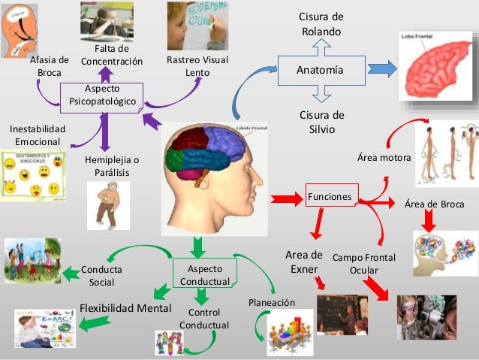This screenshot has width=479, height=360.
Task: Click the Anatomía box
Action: click(321, 70)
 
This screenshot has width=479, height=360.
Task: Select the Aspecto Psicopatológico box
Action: click(101, 95)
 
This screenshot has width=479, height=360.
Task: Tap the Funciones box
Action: click(329, 197)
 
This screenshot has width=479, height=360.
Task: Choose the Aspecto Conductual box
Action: click(204, 274)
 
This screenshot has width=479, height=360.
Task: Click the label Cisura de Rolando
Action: click(321, 24)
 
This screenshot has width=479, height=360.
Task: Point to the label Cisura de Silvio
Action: click(321, 122)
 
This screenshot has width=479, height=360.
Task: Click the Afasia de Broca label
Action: click(49, 66)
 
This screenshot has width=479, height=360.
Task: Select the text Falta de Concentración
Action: click(111, 55)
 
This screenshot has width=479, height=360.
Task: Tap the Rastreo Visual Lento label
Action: click(197, 66)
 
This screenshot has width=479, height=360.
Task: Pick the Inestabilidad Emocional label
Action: click(38, 135)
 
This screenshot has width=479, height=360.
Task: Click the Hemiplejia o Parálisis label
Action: click(112, 166)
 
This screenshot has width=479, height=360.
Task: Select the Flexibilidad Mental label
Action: click(126, 308)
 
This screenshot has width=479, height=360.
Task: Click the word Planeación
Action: click(271, 302)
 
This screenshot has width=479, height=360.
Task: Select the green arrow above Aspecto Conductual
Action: click(198, 246)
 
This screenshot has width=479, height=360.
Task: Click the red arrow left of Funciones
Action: click(285, 198)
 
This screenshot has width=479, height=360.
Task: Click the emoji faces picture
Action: click(31, 174)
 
